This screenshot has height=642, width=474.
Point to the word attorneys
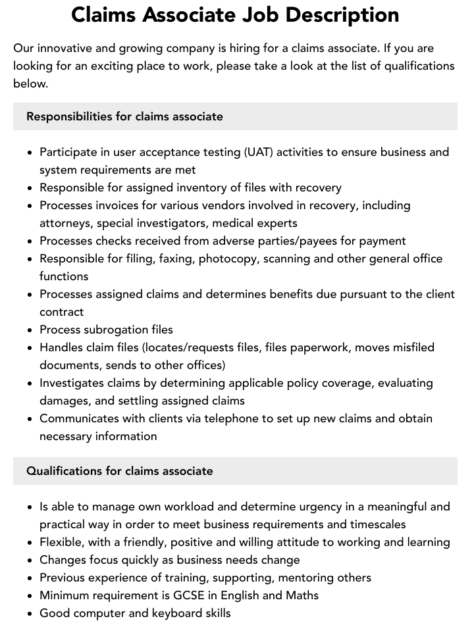pos(65,223)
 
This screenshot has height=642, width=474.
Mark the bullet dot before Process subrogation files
pos(30,330)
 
